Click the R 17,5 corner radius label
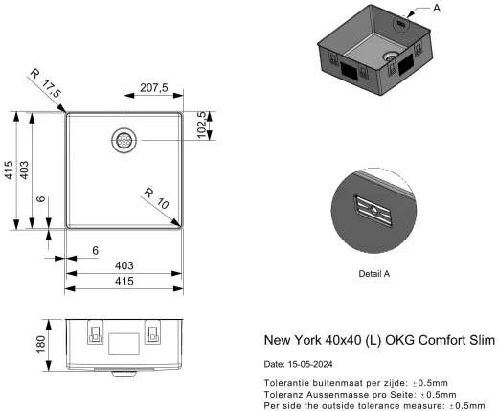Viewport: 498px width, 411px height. coord(44,82)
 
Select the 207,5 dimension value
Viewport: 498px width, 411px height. coord(153,87)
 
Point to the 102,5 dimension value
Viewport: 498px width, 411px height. coord(202,126)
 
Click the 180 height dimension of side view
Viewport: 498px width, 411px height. coord(39,343)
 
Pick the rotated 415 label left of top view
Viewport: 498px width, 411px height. coord(9,171)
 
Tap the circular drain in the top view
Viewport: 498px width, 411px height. coord(124,140)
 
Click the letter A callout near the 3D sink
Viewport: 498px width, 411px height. coord(438,8)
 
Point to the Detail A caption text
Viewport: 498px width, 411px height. coord(373,274)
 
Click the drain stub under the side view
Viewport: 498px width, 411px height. coord(123,368)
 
